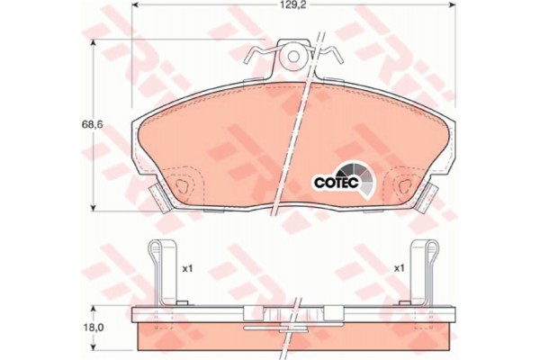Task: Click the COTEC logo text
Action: pyautogui.click(x=337, y=182)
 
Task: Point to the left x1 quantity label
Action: pyautogui.click(x=186, y=269)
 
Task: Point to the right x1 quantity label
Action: pyautogui.click(x=399, y=268)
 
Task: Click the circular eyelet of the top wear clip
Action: pyautogui.click(x=293, y=57)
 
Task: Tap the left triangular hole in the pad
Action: pyautogui.click(x=182, y=186)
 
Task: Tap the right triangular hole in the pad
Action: pyautogui.click(x=405, y=186)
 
